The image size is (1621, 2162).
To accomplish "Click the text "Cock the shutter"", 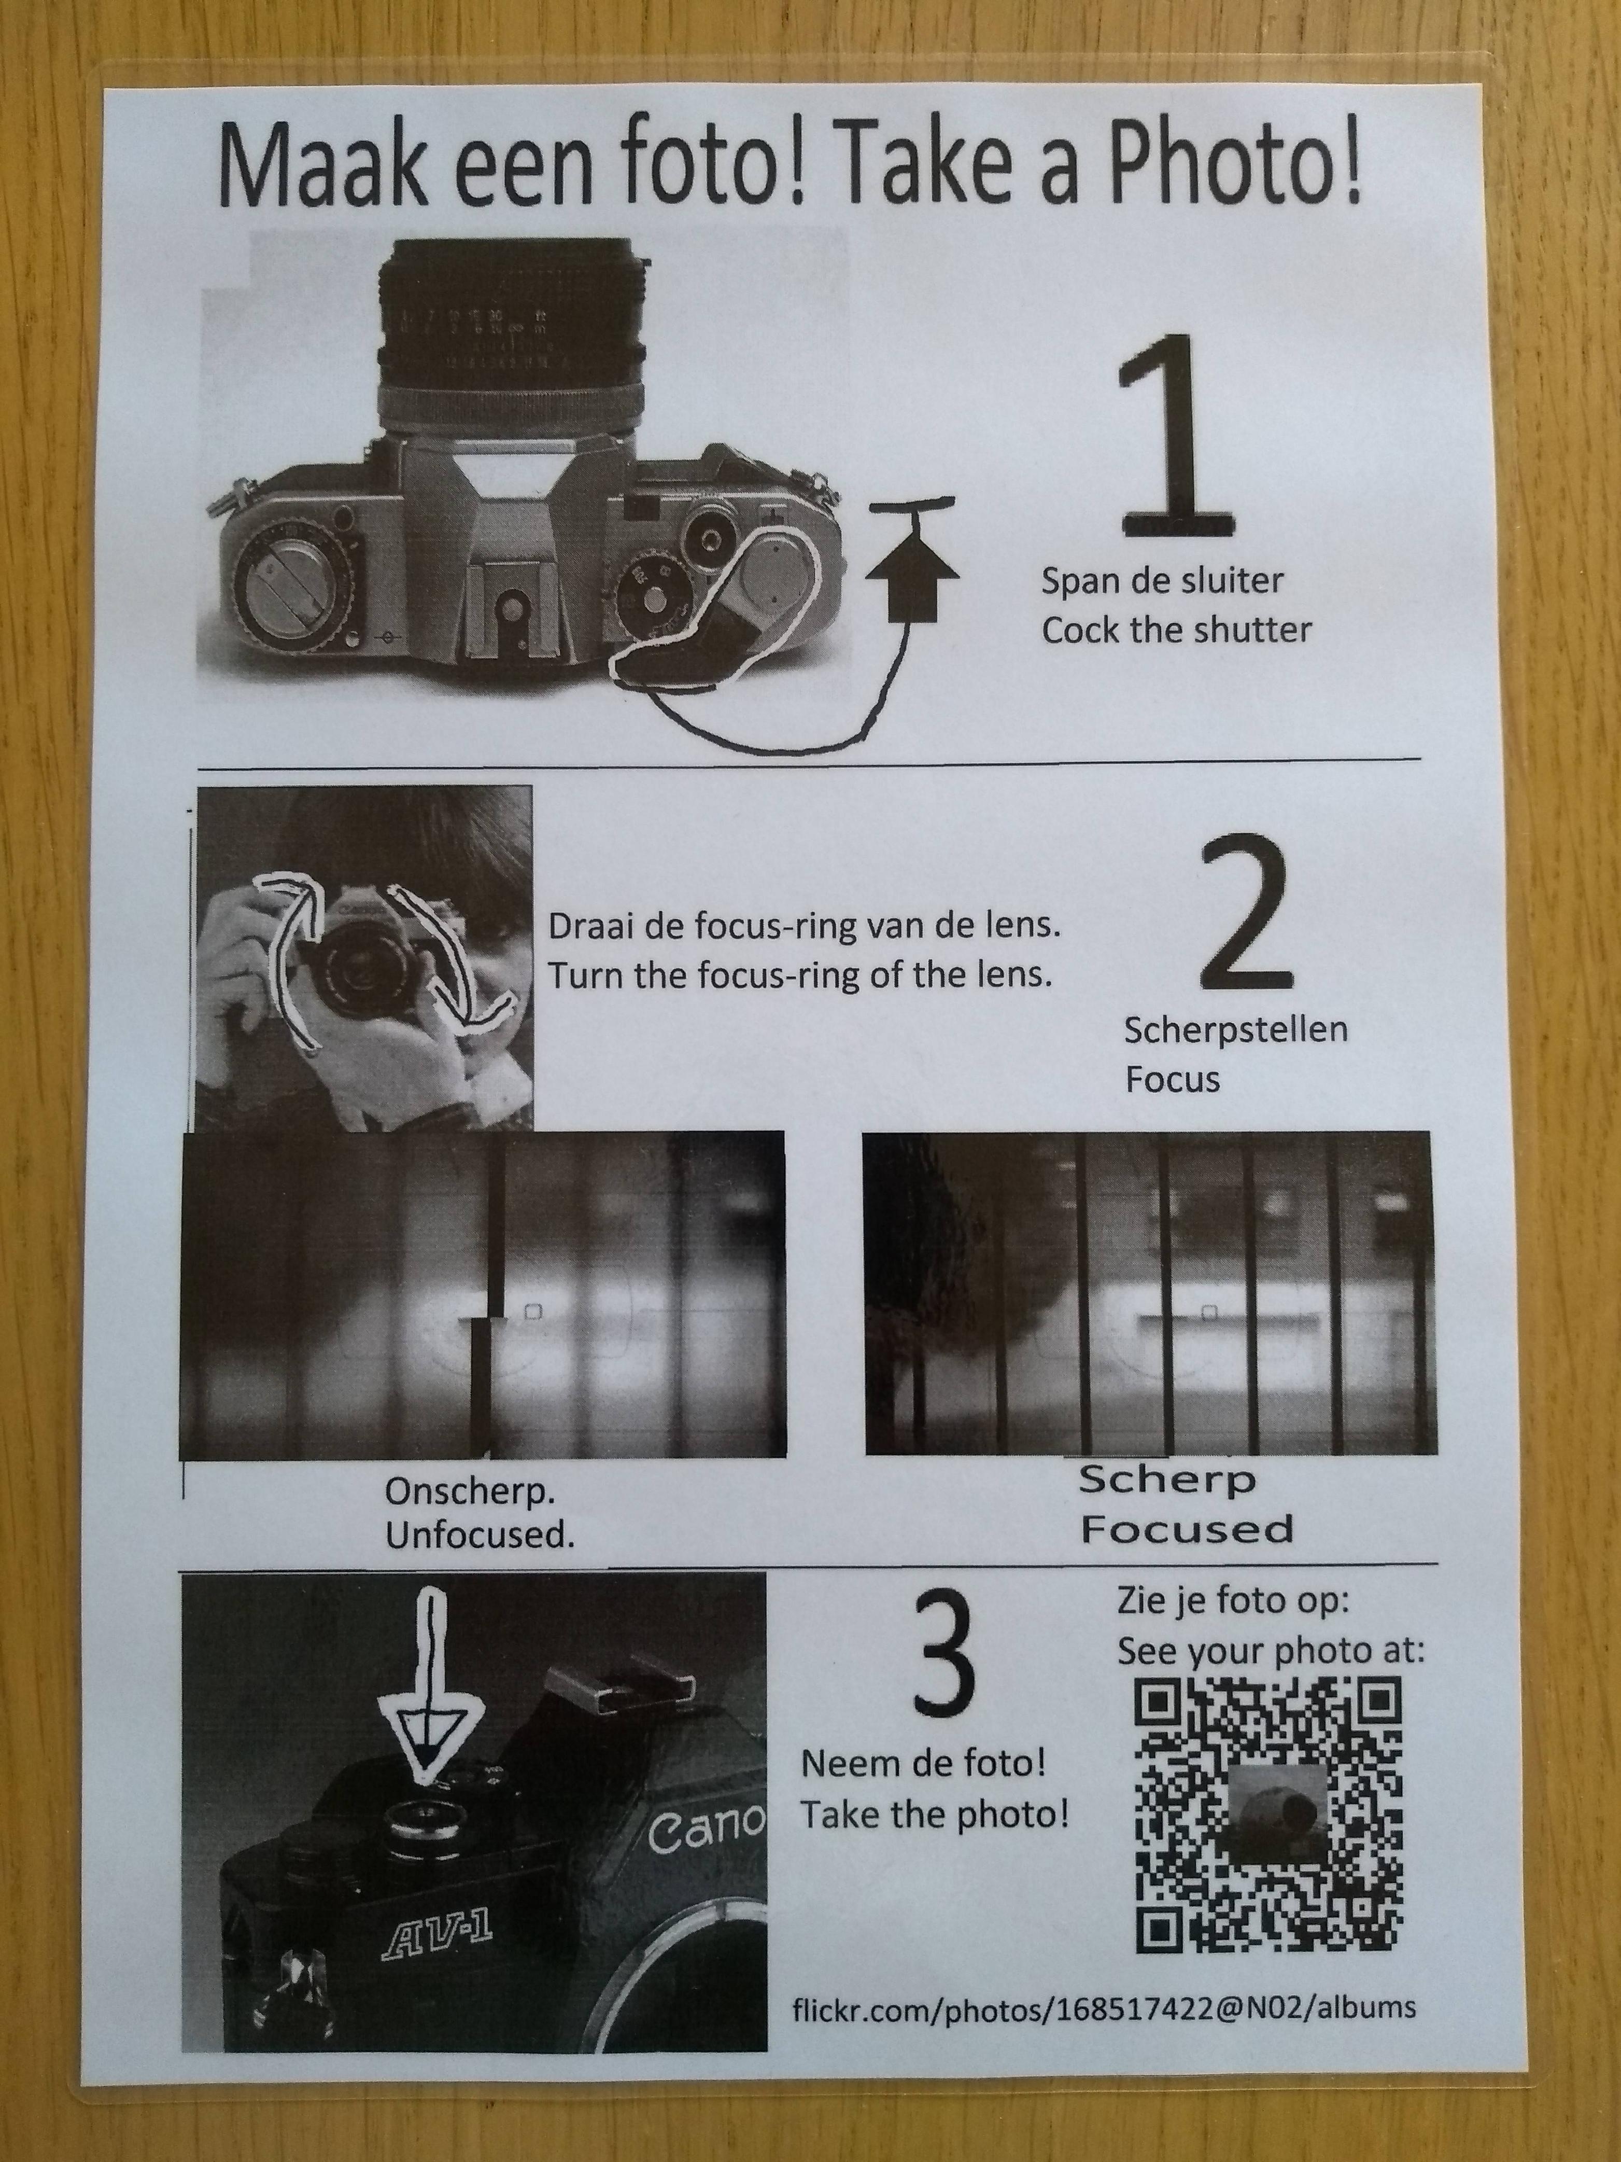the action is (x=1176, y=631).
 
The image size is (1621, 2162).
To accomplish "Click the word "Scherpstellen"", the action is (x=1235, y=1030).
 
